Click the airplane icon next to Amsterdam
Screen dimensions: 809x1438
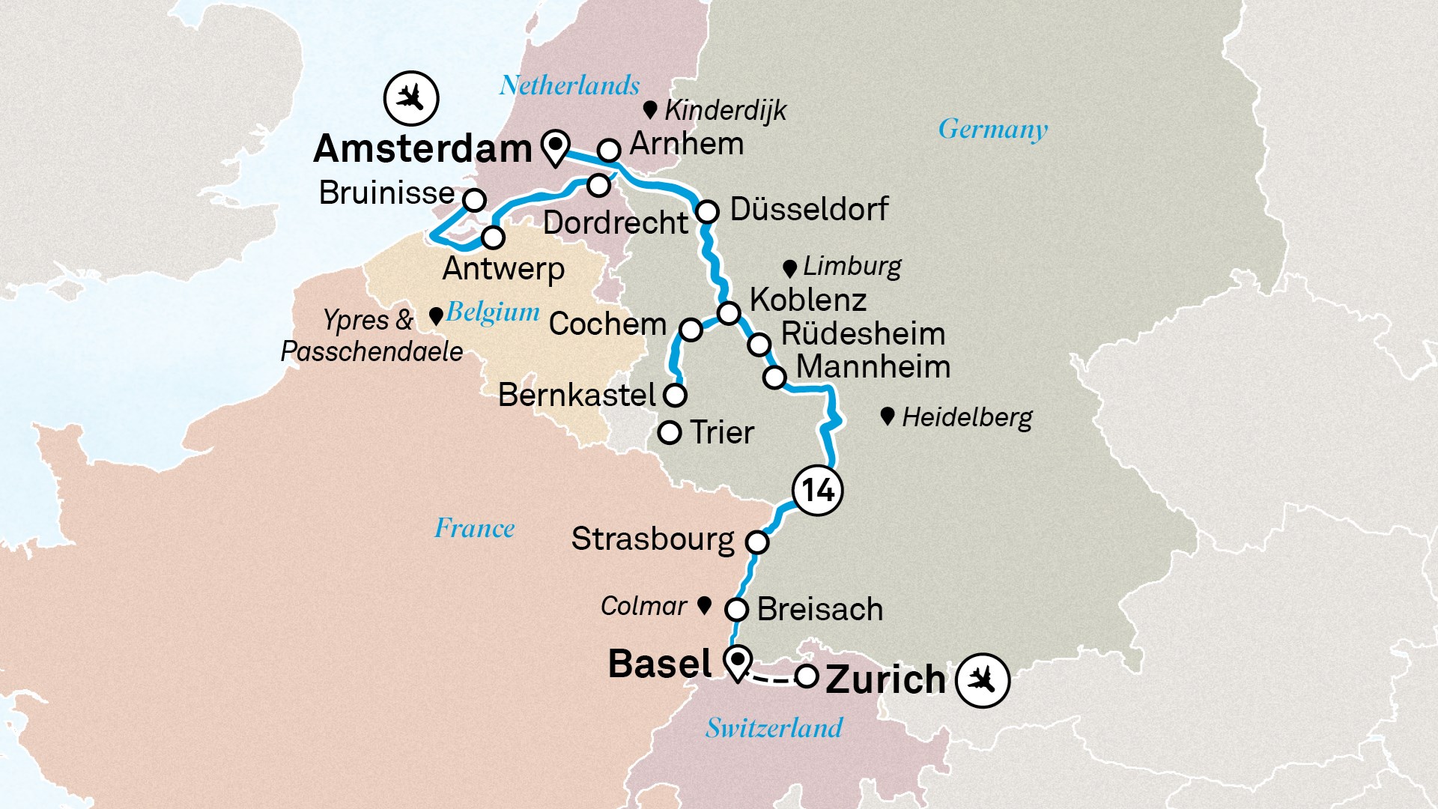(410, 98)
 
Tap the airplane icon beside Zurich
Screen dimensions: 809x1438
(983, 681)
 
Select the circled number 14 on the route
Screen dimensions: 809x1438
(817, 491)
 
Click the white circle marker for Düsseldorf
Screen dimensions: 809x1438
(707, 211)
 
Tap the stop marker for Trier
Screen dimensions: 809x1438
(669, 432)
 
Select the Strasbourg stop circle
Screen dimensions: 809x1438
(757, 542)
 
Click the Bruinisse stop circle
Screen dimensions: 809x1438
(474, 200)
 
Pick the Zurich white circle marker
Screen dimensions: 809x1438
(806, 676)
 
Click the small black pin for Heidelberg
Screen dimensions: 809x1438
(888, 416)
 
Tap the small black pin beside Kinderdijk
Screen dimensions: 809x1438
(650, 110)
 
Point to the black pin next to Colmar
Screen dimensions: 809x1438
(704, 605)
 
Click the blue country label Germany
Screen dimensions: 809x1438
(992, 130)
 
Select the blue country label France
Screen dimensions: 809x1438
(474, 528)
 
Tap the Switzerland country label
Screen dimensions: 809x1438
(774, 727)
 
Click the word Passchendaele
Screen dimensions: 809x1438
(371, 351)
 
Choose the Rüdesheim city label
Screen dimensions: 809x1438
(863, 334)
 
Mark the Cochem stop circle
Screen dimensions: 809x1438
(691, 329)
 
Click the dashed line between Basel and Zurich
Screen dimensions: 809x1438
(771, 679)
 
